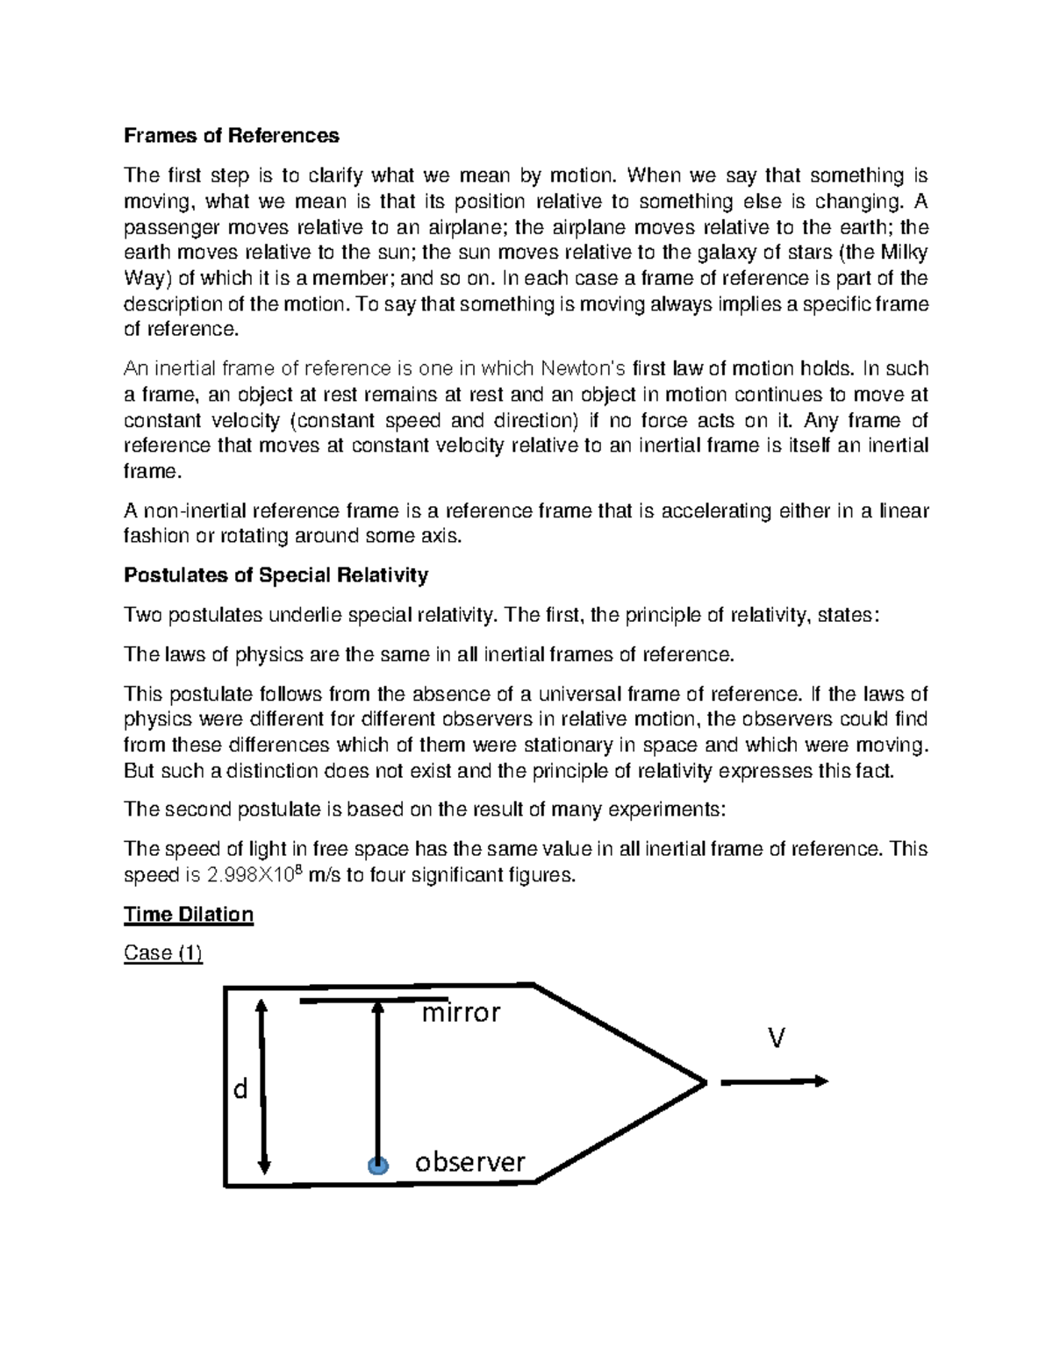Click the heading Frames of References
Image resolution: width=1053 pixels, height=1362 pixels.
click(231, 136)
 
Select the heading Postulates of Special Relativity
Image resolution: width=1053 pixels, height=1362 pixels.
click(276, 575)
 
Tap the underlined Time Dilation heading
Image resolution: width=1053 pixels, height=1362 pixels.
click(189, 915)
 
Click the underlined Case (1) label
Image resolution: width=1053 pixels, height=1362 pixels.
click(163, 953)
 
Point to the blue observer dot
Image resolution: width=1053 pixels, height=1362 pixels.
click(377, 1166)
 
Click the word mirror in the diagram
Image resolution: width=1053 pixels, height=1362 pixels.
click(461, 1014)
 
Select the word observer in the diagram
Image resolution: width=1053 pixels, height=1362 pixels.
click(469, 1163)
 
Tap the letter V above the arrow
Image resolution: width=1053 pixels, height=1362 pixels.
click(776, 1039)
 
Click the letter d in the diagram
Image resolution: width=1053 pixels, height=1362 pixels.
click(240, 1089)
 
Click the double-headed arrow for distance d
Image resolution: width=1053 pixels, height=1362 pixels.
click(261, 1087)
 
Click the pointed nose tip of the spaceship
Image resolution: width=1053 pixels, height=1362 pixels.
click(705, 1082)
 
